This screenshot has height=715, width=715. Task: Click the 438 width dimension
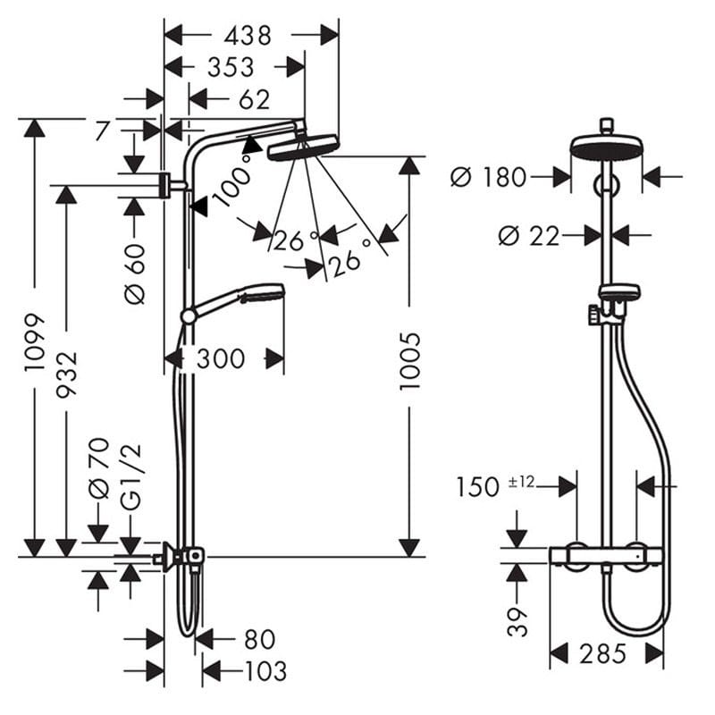click(248, 36)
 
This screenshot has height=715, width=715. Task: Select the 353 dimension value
click(231, 68)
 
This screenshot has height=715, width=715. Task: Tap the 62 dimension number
click(255, 99)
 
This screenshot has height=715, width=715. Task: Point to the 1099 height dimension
click(35, 342)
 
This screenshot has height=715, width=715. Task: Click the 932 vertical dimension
click(67, 374)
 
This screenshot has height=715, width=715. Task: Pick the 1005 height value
click(409, 361)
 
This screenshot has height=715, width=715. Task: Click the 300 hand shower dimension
click(221, 358)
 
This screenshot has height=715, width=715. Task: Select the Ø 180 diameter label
click(488, 177)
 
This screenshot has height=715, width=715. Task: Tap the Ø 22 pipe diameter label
click(529, 236)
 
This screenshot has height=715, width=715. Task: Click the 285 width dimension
click(602, 654)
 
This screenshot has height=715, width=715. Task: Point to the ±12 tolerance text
click(521, 482)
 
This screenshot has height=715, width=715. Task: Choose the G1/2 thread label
click(132, 476)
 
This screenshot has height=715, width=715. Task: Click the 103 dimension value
click(265, 671)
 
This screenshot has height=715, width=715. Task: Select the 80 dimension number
click(260, 639)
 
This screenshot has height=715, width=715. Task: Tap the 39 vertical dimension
click(517, 621)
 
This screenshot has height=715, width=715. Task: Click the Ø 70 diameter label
click(99, 467)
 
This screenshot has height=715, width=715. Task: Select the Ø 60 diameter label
click(135, 273)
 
